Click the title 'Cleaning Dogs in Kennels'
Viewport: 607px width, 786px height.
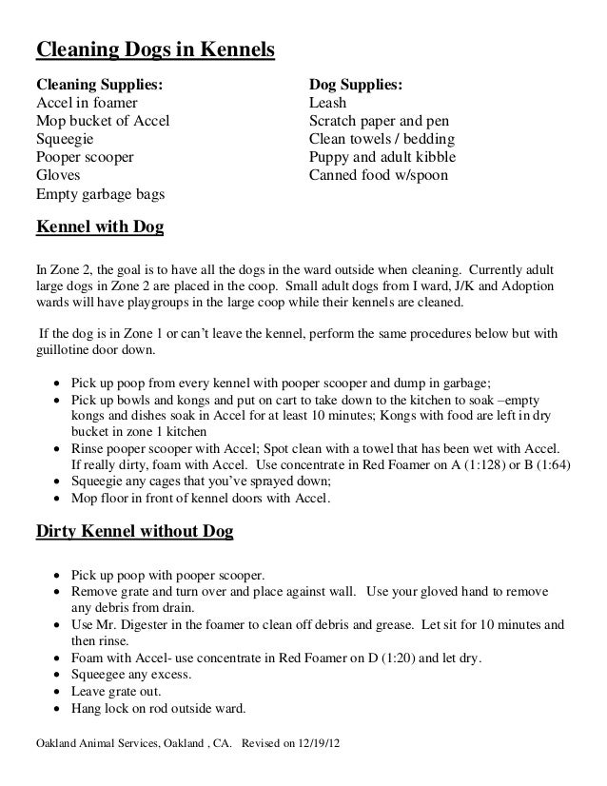coord(155,49)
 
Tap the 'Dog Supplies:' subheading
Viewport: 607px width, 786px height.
coord(358,85)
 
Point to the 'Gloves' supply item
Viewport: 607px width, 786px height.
coord(58,176)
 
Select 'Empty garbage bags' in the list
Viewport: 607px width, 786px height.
coord(99,195)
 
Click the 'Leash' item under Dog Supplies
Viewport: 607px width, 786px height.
coord(328,103)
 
